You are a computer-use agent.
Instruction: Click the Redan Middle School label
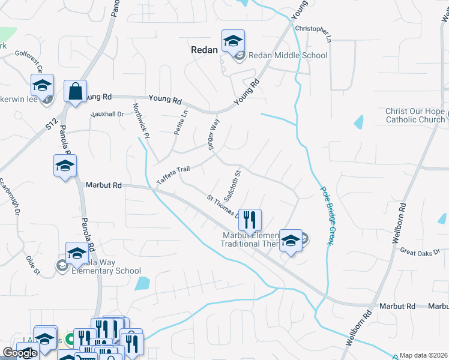click(288, 56)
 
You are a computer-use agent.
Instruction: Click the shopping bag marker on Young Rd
click(75, 92)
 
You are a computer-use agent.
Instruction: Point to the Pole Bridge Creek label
click(325, 214)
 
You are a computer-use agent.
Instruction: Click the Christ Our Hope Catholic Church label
click(415, 116)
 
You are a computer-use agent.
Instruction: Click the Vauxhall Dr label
click(106, 114)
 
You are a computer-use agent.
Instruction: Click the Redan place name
click(203, 50)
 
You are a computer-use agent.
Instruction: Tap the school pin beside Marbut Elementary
click(290, 241)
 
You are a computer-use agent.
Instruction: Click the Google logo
click(20, 353)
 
